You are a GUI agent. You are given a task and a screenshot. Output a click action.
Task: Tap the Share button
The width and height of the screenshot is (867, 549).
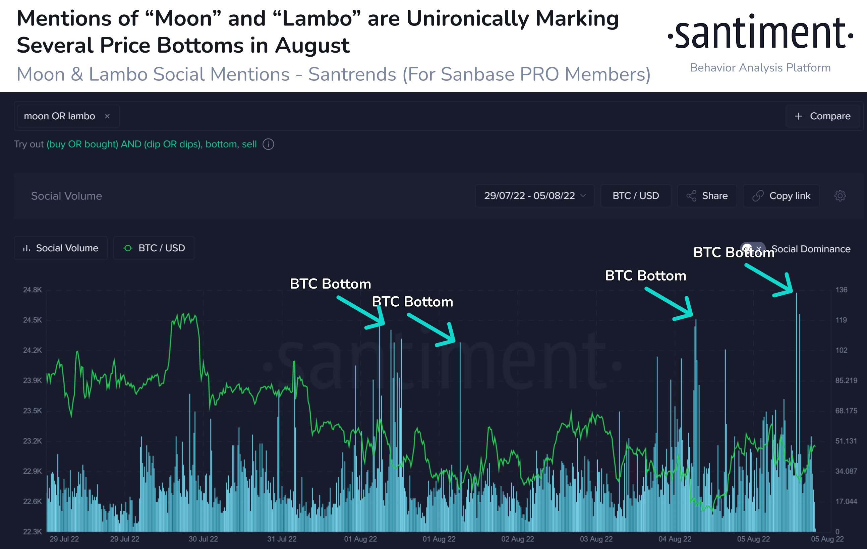tap(707, 196)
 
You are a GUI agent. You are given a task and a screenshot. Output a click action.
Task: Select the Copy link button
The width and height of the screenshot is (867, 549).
tap(781, 196)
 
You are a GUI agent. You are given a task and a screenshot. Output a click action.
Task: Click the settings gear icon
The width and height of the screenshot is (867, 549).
tap(840, 196)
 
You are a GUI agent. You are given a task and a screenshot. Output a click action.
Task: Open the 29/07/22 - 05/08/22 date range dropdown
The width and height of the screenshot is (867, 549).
tap(534, 196)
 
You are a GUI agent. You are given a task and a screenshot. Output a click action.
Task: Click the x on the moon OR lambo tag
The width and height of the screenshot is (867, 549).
tap(107, 116)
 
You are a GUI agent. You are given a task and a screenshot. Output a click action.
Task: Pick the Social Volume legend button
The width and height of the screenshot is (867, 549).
tap(60, 248)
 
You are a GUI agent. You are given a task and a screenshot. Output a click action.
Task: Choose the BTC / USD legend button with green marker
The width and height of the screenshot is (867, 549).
tap(154, 248)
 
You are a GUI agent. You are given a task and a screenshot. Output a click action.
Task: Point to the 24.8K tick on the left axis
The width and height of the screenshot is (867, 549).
tap(33, 290)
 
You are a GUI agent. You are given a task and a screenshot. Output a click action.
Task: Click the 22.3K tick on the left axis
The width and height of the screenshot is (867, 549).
tap(33, 532)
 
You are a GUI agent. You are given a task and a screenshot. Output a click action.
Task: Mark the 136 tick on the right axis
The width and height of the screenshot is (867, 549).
tap(841, 290)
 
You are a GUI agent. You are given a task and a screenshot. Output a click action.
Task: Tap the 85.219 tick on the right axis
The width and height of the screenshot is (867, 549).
tap(846, 380)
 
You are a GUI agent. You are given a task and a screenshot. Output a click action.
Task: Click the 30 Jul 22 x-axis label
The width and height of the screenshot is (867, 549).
tap(203, 539)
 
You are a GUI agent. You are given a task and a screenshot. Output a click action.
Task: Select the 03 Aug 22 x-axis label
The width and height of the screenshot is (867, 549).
tap(596, 539)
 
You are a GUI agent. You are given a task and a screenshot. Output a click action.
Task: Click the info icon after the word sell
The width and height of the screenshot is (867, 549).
tap(268, 144)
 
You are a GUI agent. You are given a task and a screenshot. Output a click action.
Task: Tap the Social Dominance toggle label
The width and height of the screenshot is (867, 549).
tap(810, 249)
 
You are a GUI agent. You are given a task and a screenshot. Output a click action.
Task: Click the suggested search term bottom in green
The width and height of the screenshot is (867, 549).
tap(221, 144)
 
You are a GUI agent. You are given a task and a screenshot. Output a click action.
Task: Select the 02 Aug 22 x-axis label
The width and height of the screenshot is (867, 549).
tap(518, 539)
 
